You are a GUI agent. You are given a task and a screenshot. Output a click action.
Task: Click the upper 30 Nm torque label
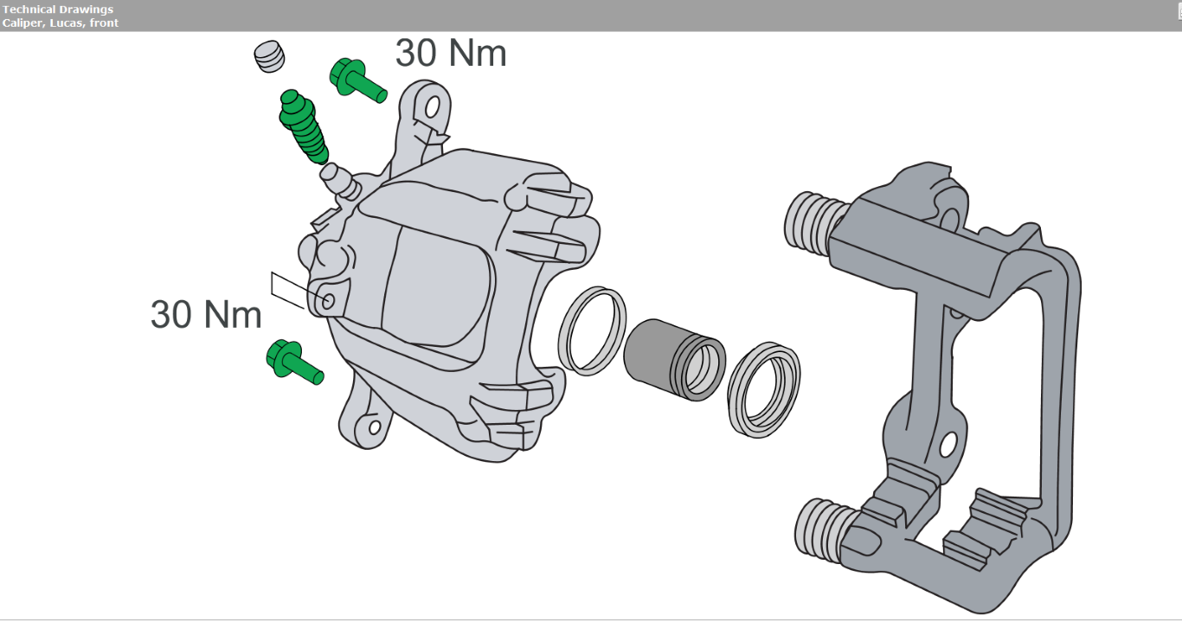[x=451, y=54]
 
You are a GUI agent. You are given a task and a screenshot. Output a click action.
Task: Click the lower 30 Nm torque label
[x=206, y=315]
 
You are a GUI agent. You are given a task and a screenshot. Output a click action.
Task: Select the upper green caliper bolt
[x=357, y=81]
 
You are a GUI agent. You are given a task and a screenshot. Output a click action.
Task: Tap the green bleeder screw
[x=303, y=125]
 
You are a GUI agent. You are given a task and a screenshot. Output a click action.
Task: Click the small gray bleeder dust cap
[x=269, y=56]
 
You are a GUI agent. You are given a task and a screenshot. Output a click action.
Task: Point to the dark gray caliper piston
[x=674, y=360]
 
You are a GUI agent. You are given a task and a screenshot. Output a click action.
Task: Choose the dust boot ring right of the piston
[x=764, y=389]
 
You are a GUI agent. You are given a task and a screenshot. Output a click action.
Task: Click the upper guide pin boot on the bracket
[x=812, y=222]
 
